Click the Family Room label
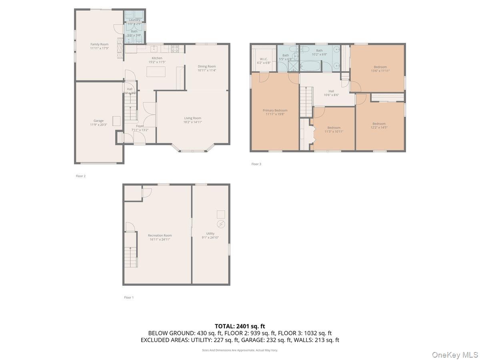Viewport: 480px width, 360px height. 99,44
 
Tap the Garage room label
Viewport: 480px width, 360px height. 98,121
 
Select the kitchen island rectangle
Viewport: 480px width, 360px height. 156,72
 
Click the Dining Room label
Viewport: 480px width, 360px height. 206,66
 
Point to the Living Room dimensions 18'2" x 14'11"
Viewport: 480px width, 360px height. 192,122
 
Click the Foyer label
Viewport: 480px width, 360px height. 140,126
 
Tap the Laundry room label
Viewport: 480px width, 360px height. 134,20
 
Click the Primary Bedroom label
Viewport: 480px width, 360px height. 275,110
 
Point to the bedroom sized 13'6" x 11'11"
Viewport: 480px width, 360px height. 380,69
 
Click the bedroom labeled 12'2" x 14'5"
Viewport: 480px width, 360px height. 379,126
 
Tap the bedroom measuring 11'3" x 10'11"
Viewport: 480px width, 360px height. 334,130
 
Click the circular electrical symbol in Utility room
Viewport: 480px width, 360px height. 221,224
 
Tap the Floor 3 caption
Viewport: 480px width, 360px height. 256,164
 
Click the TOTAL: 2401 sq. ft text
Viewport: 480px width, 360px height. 240,326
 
